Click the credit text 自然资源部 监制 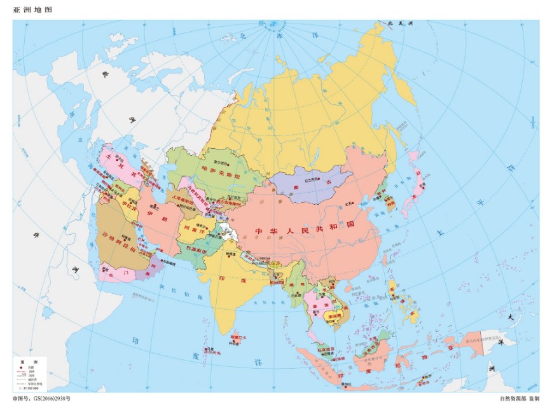click(520, 399)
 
